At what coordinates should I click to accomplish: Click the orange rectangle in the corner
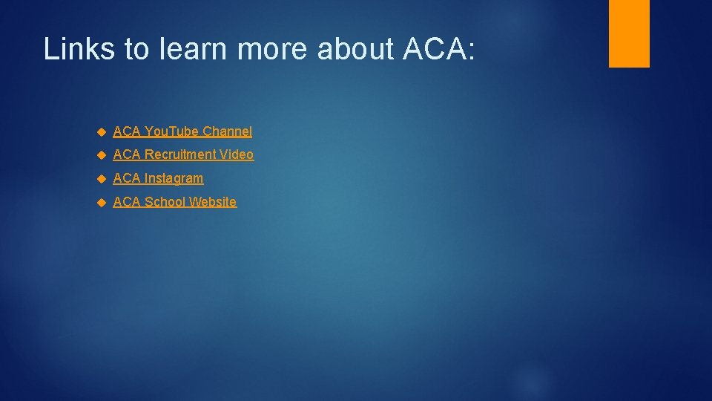click(x=629, y=33)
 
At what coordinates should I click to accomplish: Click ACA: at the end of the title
click(x=438, y=49)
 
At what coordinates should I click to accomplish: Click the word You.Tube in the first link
click(x=171, y=131)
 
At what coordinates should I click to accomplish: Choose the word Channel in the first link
click(x=227, y=131)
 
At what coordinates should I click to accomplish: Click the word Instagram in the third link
click(x=174, y=179)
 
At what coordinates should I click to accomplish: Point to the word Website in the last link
click(x=213, y=202)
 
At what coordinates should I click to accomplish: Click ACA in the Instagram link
click(x=127, y=179)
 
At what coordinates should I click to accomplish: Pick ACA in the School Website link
click(x=127, y=202)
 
